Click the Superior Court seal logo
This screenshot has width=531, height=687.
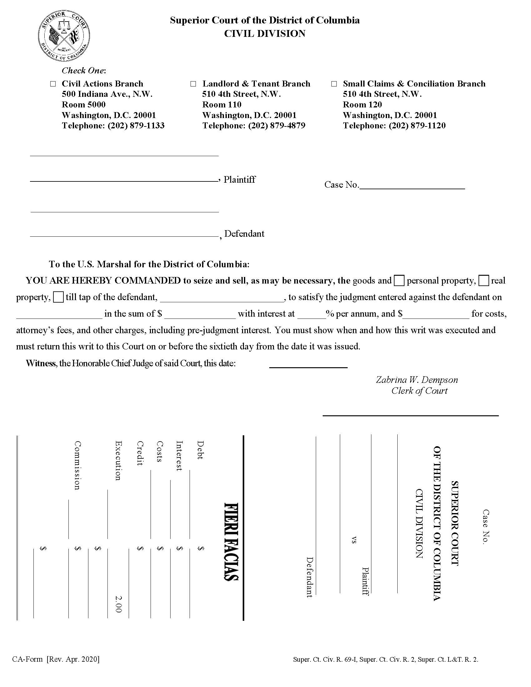tap(64, 37)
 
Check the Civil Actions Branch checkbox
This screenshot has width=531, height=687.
tap(53, 84)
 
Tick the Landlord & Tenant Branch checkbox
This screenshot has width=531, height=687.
tap(193, 84)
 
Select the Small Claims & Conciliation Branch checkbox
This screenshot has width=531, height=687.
tap(334, 84)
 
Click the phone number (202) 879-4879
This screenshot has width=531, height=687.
tap(276, 126)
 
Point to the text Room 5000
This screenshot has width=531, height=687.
tap(84, 104)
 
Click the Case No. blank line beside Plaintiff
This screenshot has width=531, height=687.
tap(412, 185)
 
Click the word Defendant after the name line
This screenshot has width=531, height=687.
tap(244, 234)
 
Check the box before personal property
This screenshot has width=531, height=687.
tap(399, 281)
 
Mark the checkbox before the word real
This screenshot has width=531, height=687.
tap(484, 281)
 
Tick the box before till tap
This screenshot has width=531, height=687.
tap(58, 297)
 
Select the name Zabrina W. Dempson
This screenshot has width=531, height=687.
tap(417, 380)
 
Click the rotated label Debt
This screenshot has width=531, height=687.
tap(200, 450)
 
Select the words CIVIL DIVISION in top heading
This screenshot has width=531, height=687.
tap(265, 34)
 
